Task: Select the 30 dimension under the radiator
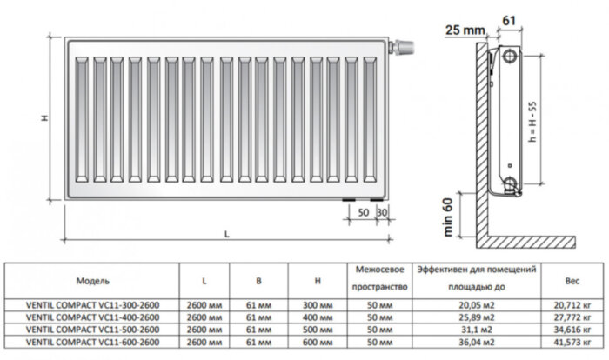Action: [x=382, y=214]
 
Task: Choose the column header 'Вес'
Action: [x=572, y=282]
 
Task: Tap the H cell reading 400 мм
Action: [x=319, y=319]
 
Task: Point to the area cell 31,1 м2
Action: [x=475, y=331]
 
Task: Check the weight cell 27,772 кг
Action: [x=572, y=319]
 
